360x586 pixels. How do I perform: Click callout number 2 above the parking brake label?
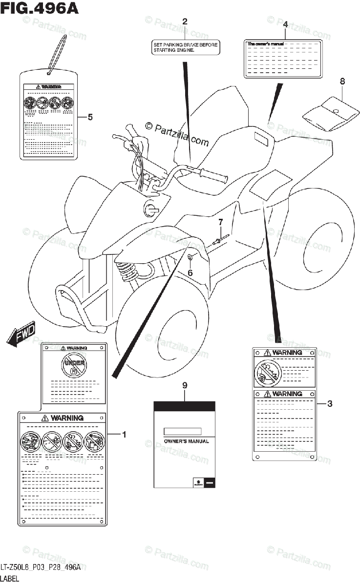(185, 21)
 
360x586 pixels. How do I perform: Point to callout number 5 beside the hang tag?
(90, 117)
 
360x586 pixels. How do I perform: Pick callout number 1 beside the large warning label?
(124, 434)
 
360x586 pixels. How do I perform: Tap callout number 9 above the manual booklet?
(185, 386)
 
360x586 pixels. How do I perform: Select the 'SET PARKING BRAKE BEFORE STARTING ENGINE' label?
(184, 47)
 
